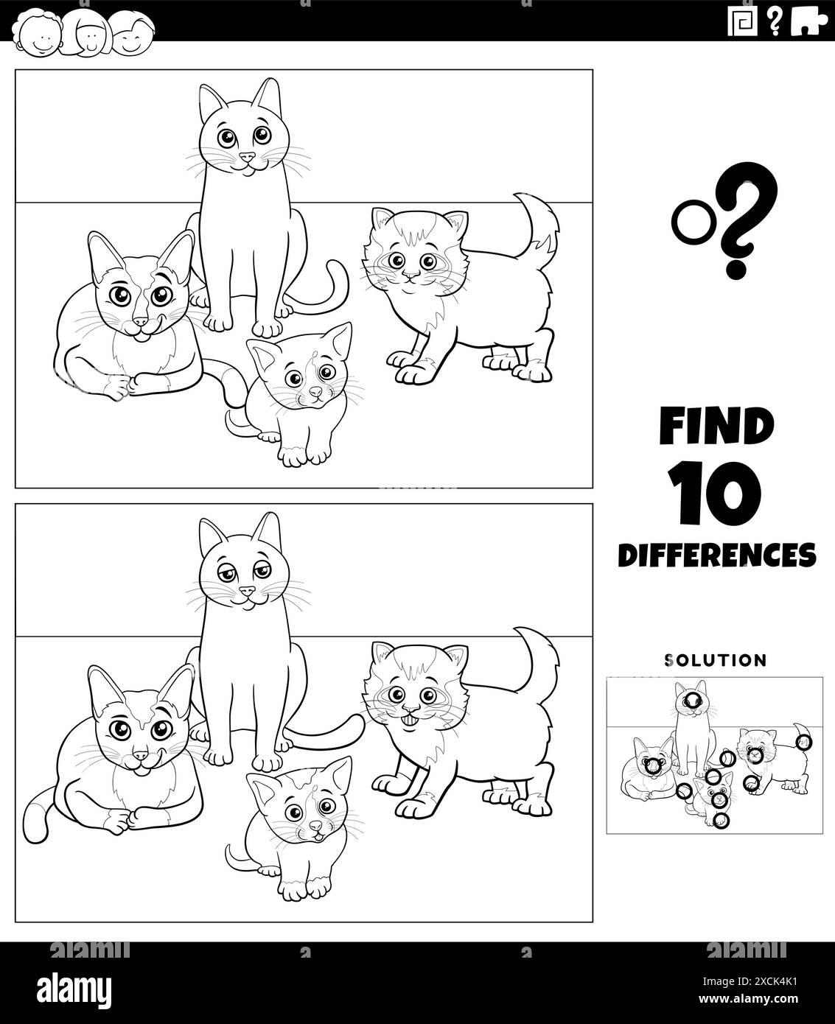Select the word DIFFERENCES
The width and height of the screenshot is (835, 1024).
716,554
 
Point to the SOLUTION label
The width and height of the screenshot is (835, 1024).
716,660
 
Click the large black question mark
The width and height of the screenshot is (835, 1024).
739,229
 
